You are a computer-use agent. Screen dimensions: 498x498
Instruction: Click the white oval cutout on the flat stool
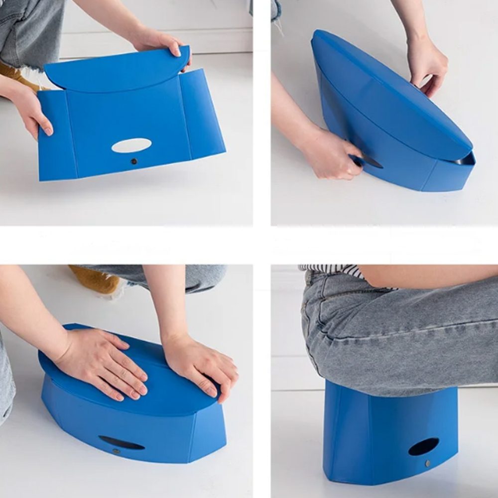click(x=131, y=145)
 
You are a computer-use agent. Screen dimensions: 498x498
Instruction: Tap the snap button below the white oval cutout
click(x=133, y=161)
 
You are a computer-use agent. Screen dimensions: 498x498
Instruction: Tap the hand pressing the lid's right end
click(x=202, y=366)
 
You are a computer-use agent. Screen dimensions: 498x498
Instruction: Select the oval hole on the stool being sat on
click(x=423, y=446)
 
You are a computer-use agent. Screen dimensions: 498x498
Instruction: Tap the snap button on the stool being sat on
click(x=428, y=464)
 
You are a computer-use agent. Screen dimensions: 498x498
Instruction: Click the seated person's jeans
click(x=398, y=334)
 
